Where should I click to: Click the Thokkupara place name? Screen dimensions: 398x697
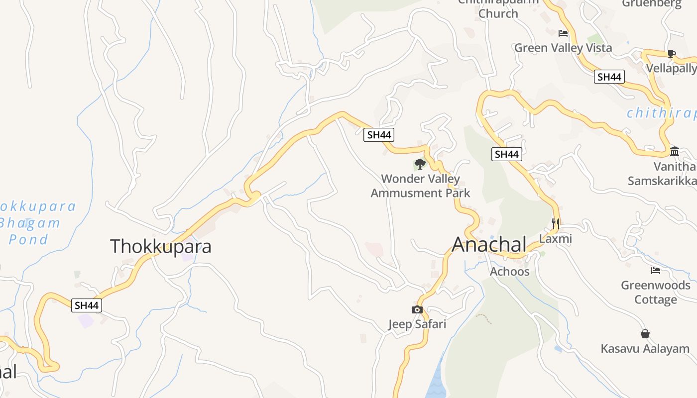coord(160,246)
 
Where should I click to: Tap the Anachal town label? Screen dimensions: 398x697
coord(489,244)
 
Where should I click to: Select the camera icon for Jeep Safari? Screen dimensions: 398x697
coord(417,310)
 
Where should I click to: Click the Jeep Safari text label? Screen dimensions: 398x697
coord(417,324)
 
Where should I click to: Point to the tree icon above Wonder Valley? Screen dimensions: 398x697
coord(420,164)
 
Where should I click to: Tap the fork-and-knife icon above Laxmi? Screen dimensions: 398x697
coord(556,223)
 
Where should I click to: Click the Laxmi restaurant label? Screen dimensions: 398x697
coord(556,239)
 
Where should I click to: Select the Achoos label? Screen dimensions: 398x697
coord(509,271)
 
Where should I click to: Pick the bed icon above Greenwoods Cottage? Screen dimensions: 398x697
coord(656,271)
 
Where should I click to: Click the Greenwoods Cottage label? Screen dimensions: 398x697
coord(655,293)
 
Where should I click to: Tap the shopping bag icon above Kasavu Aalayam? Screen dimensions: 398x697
coord(645,334)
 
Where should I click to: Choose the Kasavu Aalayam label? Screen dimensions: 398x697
coord(645,349)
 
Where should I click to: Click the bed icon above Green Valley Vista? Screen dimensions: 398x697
coord(563,33)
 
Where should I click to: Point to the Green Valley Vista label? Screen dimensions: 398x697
coord(563,48)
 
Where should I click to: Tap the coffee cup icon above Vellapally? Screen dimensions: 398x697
coord(671,54)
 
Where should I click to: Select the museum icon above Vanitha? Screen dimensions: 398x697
coord(675,151)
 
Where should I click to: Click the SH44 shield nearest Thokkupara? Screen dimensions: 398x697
coord(88,305)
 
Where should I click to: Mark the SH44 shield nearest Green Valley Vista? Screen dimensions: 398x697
coord(609,77)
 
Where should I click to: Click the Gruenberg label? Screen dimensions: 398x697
coord(651,4)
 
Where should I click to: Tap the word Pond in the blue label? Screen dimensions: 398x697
coord(28,239)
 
